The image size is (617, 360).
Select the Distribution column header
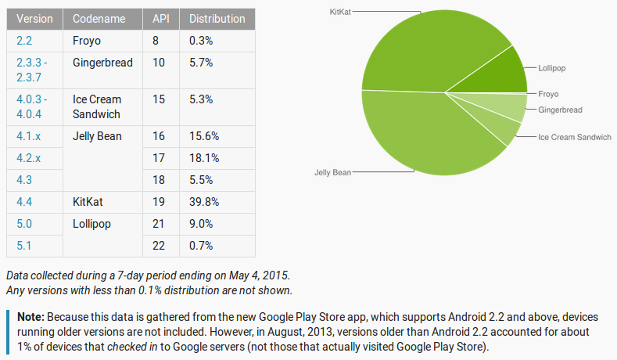217,18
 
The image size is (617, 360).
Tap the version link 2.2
23,40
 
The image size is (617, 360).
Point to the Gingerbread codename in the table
102,62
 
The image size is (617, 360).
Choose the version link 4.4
23,201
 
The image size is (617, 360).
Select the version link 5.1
23,245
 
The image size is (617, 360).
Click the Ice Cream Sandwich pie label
574,137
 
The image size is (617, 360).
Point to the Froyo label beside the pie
548,94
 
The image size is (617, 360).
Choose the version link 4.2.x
27,157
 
